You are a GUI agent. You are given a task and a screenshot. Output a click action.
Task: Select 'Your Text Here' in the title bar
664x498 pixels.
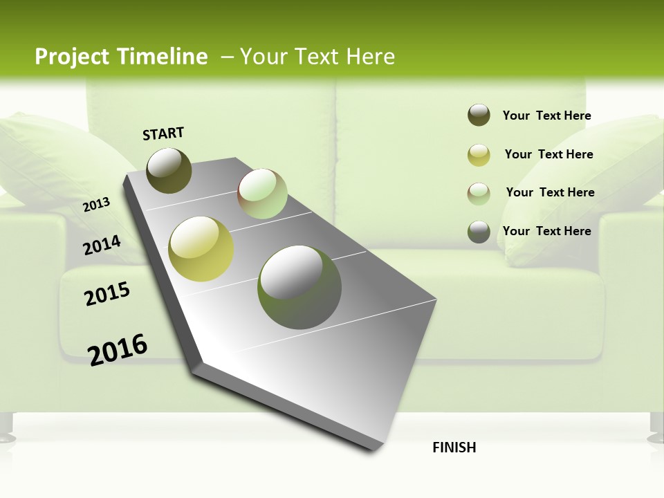pyautogui.click(x=317, y=57)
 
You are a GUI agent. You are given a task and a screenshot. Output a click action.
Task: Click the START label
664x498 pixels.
pyautogui.click(x=163, y=133)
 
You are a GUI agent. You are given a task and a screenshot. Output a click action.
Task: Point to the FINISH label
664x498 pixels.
pyautogui.click(x=454, y=448)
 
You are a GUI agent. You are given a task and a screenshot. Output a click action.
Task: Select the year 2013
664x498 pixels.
pyautogui.click(x=97, y=204)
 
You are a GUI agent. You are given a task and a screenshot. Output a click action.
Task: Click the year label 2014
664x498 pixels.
pyautogui.click(x=102, y=245)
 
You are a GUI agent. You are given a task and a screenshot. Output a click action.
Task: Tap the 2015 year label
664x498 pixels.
pyautogui.click(x=107, y=295)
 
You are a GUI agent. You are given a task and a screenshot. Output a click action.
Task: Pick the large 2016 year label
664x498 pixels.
pyautogui.click(x=118, y=349)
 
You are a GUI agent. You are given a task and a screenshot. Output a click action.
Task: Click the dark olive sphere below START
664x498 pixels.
pyautogui.click(x=169, y=170)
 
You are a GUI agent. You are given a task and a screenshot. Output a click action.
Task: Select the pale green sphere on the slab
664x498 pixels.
pyautogui.click(x=262, y=194)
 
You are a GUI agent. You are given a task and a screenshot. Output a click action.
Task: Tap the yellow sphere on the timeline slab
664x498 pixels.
pyautogui.click(x=201, y=249)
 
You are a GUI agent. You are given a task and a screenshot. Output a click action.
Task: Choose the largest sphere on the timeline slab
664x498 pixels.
pyautogui.click(x=299, y=287)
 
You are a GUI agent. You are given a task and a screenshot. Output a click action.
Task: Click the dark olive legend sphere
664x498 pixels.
pyautogui.click(x=479, y=116)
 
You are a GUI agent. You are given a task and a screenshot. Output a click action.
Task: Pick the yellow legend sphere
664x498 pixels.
pyautogui.click(x=479, y=155)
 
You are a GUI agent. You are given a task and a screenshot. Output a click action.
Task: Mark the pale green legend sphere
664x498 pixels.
pyautogui.click(x=479, y=194)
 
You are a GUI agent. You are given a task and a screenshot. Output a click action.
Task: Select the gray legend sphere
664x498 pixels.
pyautogui.click(x=479, y=232)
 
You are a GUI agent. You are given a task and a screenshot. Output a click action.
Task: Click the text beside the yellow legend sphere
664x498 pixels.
pyautogui.click(x=548, y=154)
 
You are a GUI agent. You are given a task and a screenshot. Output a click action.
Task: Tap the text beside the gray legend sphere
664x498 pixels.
pyautogui.click(x=546, y=231)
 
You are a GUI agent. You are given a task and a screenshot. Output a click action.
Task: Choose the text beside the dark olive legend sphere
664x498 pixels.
pyautogui.click(x=546, y=116)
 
